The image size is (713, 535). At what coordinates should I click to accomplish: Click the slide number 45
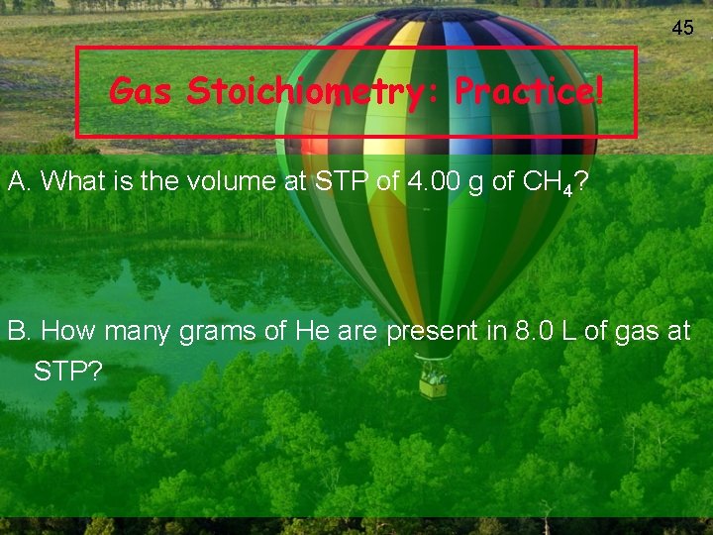(682, 28)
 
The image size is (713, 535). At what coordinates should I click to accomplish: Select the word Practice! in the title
(528, 92)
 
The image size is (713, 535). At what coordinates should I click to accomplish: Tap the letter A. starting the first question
(21, 181)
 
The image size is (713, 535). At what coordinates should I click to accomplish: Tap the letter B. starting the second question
(21, 331)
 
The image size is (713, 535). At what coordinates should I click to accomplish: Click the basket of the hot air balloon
(433, 382)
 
